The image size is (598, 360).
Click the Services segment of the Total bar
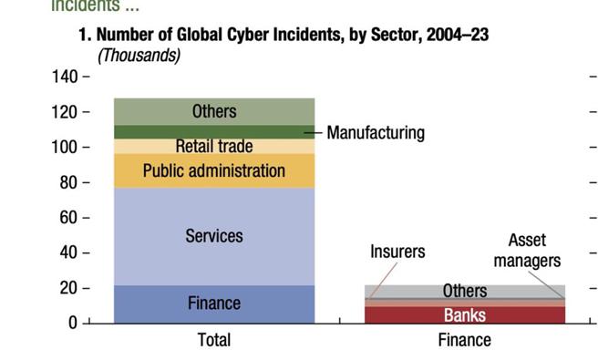pos(214,236)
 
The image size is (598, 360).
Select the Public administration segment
pos(214,170)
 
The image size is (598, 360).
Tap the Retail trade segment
pos(214,146)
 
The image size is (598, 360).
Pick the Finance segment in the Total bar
pos(214,303)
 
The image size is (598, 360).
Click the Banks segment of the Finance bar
pos(464,315)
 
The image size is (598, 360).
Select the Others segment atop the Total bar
pos(214,111)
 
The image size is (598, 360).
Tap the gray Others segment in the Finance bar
pos(464,291)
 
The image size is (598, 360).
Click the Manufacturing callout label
pos(376,133)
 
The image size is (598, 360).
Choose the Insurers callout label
pos(397,252)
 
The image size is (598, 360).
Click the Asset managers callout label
pos(527,251)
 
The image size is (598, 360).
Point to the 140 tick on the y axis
pos(65,77)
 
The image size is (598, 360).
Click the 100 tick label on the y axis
pos(65,147)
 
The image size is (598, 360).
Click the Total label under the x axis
pos(214,340)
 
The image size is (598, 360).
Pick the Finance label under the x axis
pos(464,340)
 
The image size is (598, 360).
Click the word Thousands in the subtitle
pos(139,56)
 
